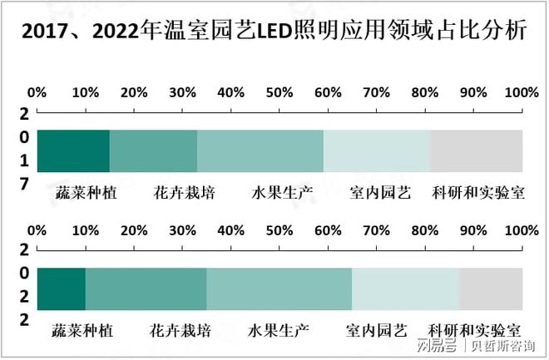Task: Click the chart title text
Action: tap(274, 32)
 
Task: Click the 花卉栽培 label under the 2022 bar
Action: tap(181, 330)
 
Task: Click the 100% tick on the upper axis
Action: tap(522, 91)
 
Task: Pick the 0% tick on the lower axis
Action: tap(37, 229)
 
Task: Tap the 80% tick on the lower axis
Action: tap(425, 229)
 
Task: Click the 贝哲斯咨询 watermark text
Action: tap(503, 345)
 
